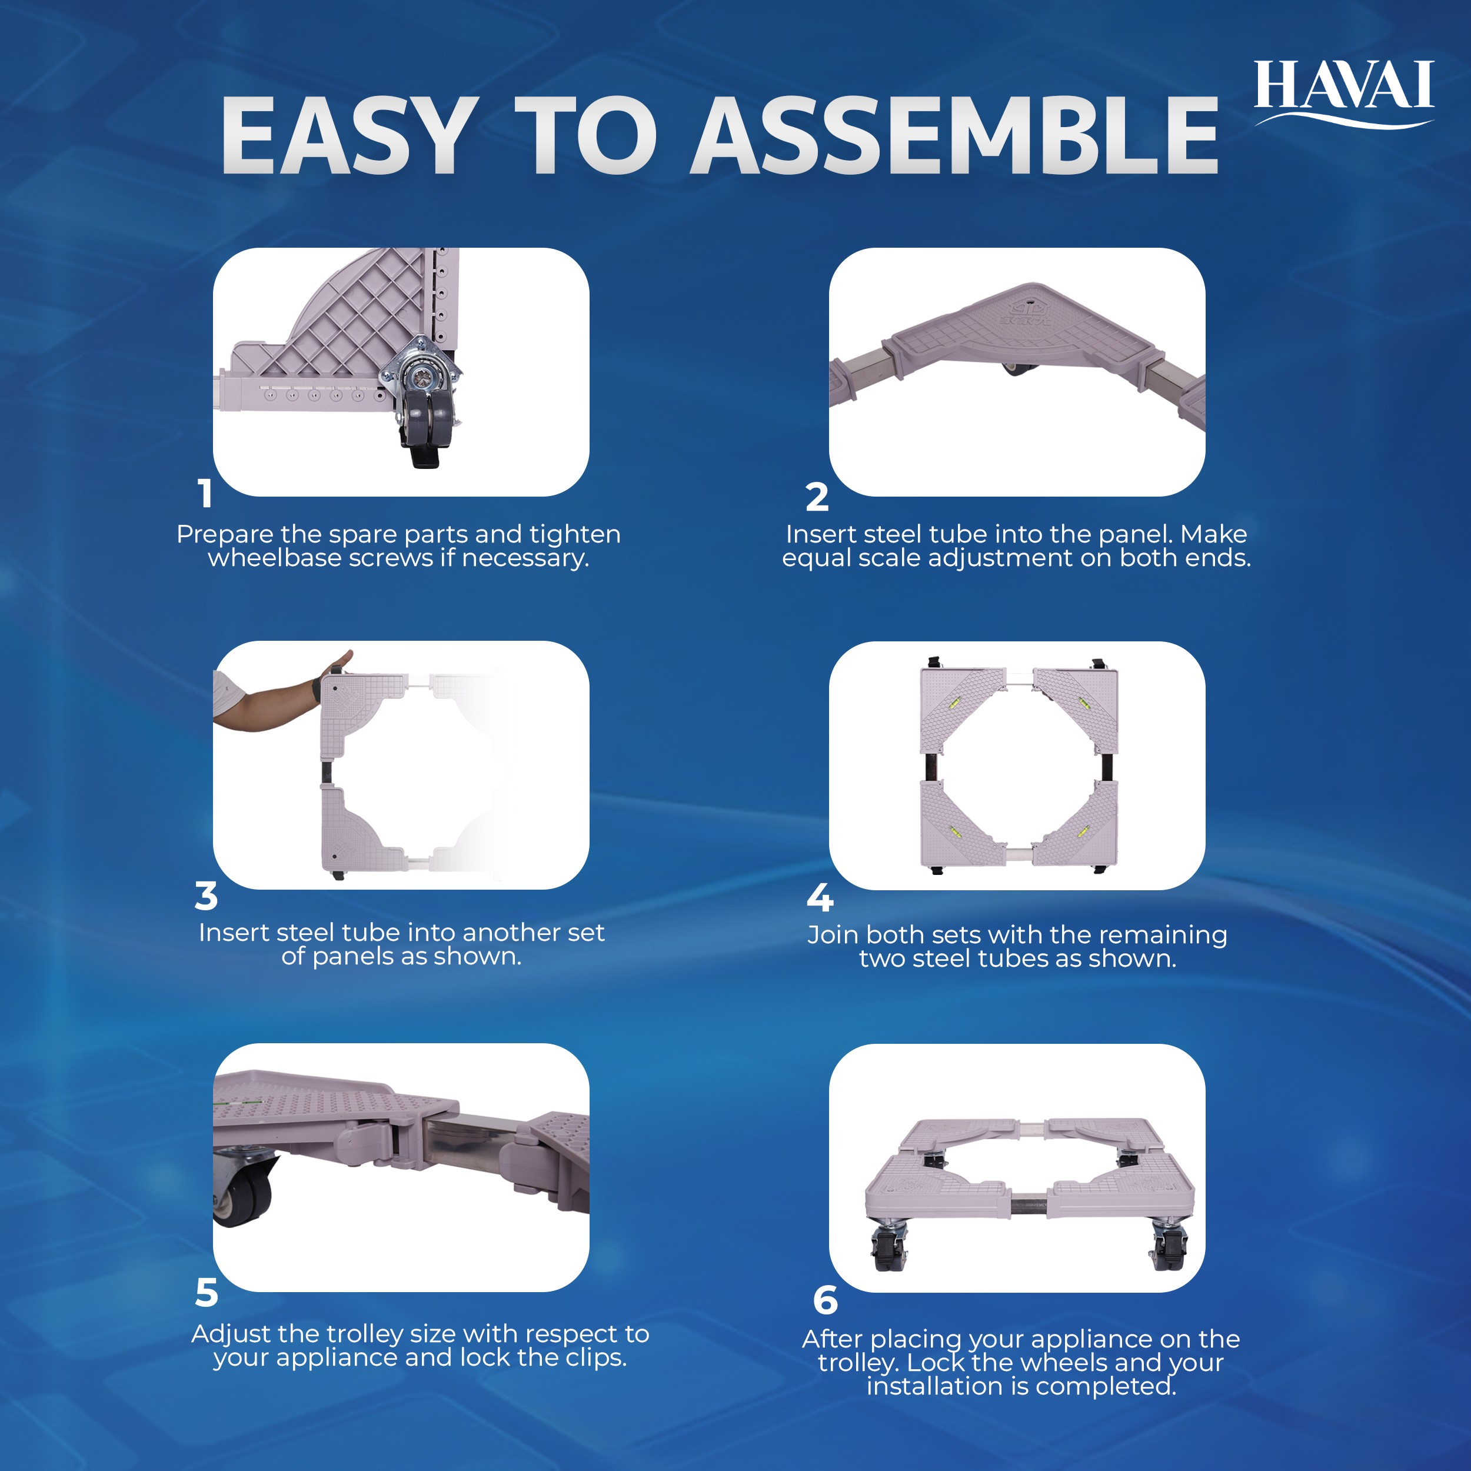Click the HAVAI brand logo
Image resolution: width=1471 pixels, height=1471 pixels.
tap(1344, 93)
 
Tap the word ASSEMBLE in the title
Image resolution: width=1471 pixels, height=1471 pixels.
tap(955, 137)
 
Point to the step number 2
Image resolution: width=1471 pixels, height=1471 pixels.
tap(817, 497)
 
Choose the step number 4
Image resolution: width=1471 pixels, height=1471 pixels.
tap(820, 898)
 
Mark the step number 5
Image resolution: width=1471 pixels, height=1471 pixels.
tap(207, 1293)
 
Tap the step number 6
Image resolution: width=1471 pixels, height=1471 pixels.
tap(826, 1300)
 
